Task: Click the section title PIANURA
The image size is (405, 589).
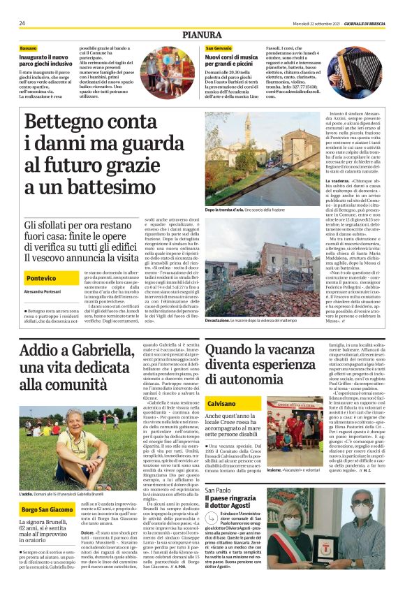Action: coord(202,34)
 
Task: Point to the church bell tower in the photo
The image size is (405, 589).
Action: coord(267,133)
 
